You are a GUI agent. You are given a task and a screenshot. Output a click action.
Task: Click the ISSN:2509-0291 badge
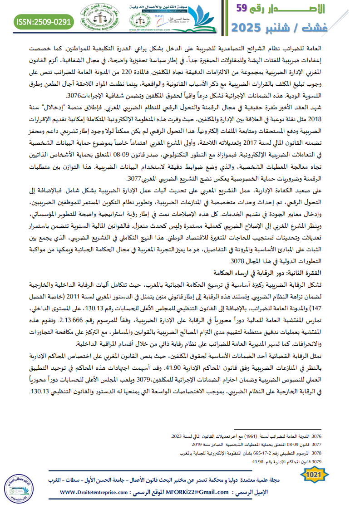[43, 21]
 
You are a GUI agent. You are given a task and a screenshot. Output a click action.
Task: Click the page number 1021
[314, 475]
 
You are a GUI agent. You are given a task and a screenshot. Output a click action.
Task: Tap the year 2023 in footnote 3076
[177, 436]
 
